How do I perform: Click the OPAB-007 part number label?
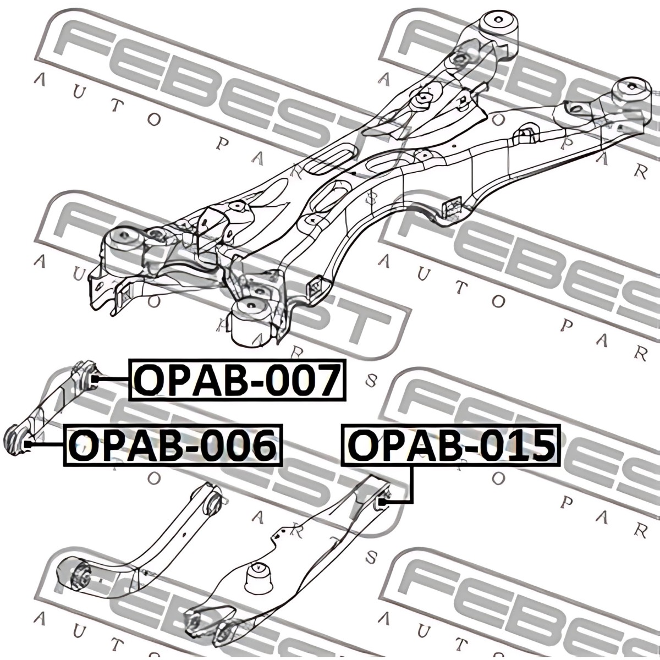click(238, 380)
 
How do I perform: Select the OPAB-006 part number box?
click(173, 445)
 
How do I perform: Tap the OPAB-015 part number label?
click(451, 445)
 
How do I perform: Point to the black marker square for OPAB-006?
click(29, 444)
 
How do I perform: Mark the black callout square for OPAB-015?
click(383, 503)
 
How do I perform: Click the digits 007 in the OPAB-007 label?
click(304, 380)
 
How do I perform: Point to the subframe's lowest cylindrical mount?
click(252, 321)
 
